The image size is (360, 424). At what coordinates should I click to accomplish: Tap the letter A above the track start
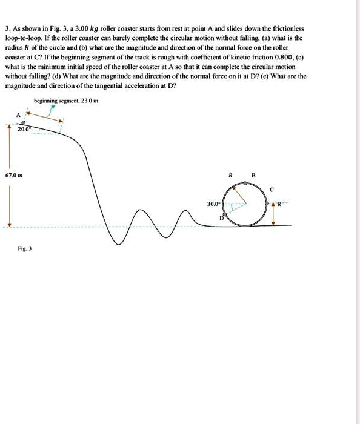(18, 114)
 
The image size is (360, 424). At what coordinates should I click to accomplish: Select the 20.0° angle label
(24, 129)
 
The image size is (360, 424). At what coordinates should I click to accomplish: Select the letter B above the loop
(254, 176)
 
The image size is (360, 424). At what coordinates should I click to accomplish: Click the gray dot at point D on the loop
(225, 214)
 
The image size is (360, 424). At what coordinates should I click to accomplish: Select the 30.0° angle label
(213, 204)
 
